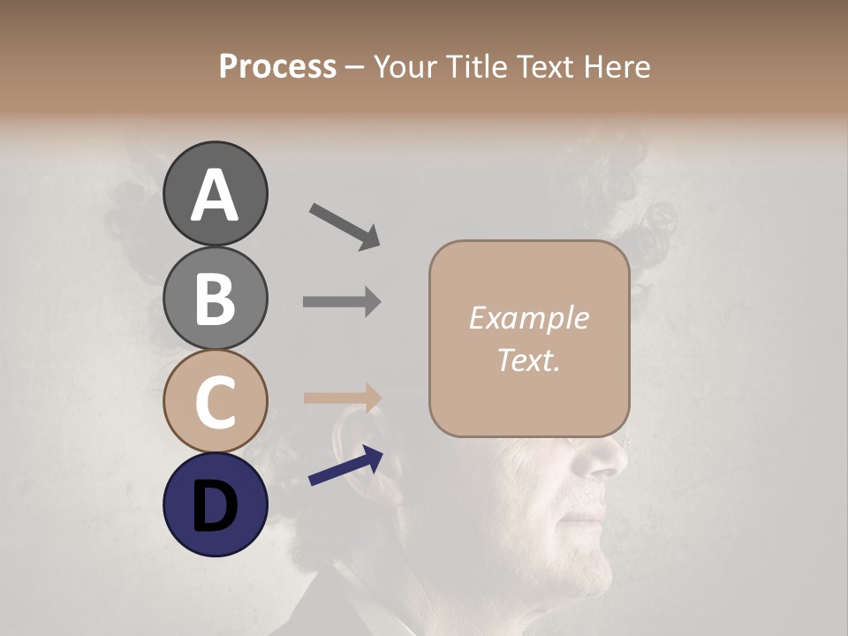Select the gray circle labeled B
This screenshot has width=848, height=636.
[x=215, y=299]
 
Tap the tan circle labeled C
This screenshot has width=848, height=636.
[x=215, y=401]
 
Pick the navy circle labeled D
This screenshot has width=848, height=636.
[x=215, y=504]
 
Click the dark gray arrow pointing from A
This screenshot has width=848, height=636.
[x=344, y=225]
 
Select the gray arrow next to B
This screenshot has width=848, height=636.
[x=342, y=301]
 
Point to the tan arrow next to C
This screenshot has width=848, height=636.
[x=342, y=397]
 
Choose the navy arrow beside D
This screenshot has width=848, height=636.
[x=345, y=467]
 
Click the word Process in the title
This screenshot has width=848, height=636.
[x=277, y=66]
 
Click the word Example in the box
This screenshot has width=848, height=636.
[x=528, y=318]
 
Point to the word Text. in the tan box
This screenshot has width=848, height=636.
[x=528, y=360]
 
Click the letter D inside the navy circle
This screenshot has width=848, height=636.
[x=215, y=506]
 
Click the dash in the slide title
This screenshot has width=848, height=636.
[x=355, y=67]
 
